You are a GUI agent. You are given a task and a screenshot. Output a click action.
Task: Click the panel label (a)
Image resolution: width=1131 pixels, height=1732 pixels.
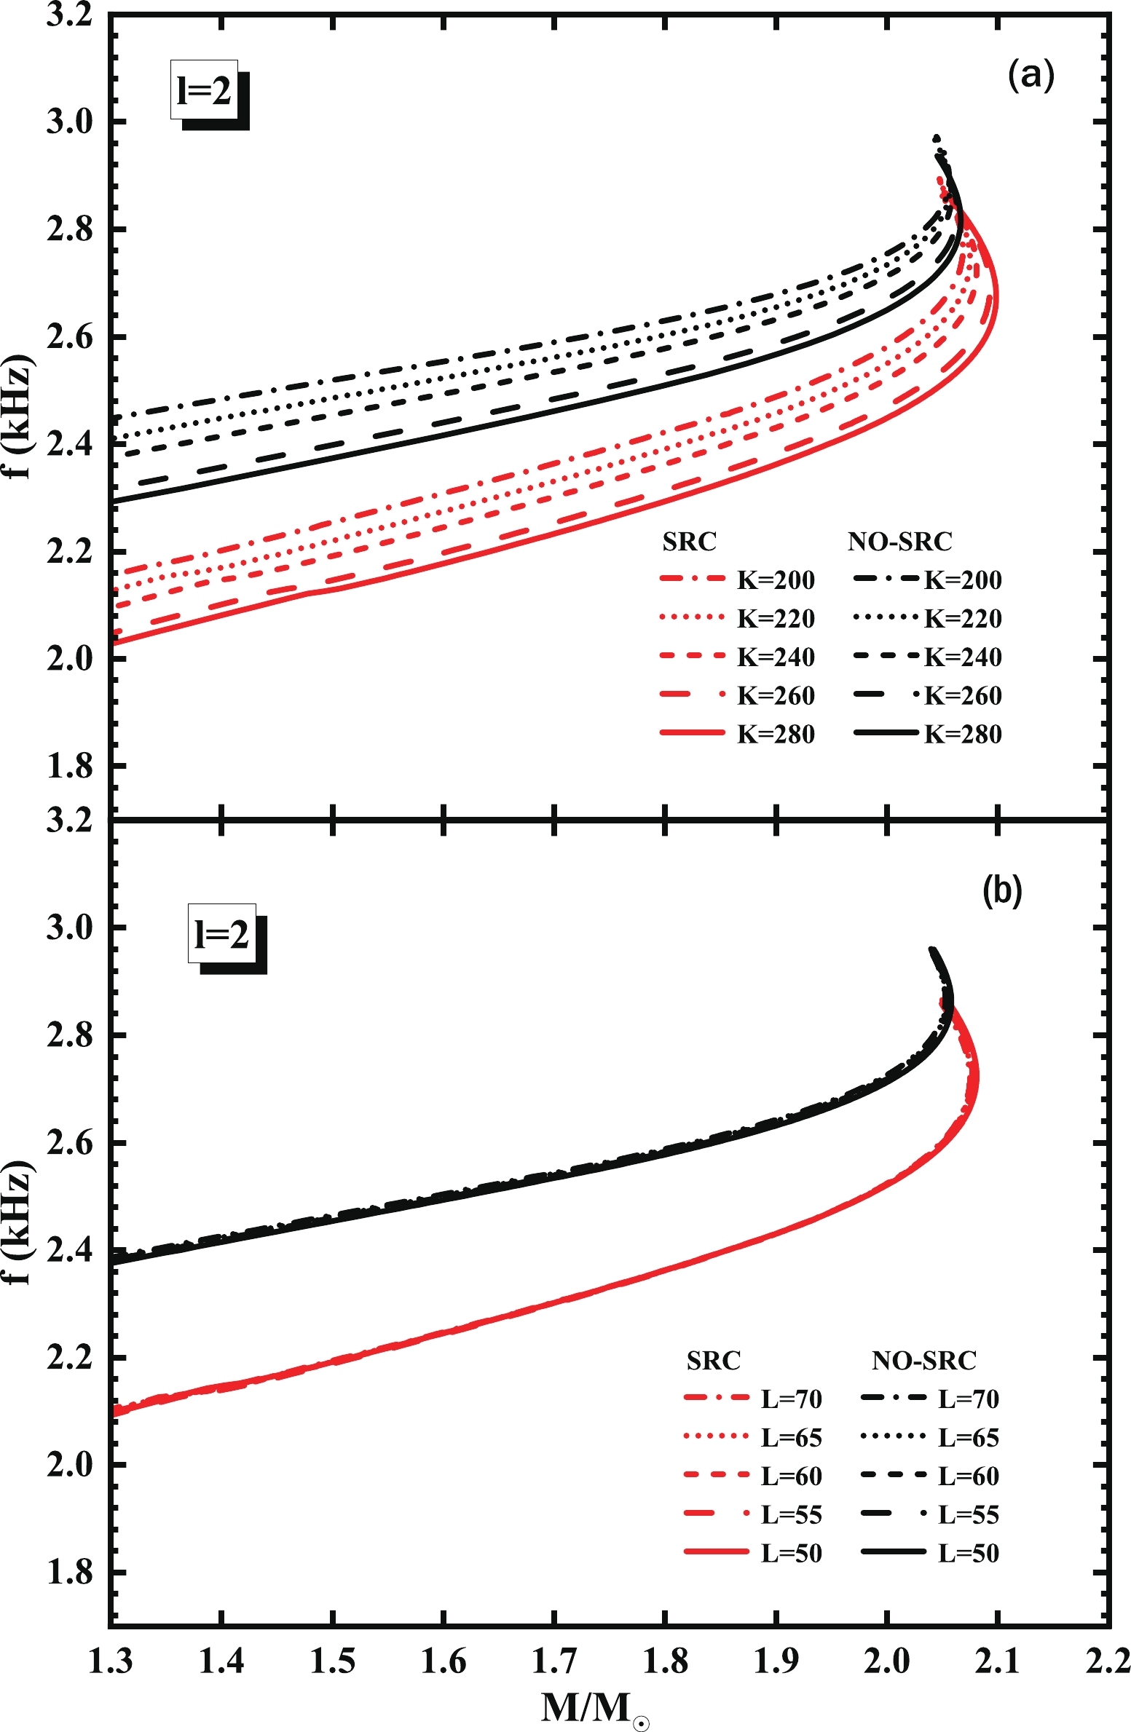click(x=1030, y=75)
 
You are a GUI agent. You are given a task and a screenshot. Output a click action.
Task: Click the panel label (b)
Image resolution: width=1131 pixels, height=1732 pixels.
click(x=1002, y=890)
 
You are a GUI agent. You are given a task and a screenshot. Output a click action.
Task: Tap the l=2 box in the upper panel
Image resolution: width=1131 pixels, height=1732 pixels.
click(x=205, y=90)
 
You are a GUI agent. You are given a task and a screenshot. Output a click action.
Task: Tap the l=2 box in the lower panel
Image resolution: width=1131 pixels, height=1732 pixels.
click(x=222, y=934)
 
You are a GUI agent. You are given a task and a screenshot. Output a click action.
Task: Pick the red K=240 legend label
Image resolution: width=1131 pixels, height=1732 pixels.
click(x=776, y=657)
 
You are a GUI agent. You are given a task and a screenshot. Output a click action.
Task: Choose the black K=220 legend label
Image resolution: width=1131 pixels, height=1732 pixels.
click(x=963, y=619)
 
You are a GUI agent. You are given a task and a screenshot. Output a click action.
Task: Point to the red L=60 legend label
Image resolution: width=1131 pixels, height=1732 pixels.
click(x=791, y=1476)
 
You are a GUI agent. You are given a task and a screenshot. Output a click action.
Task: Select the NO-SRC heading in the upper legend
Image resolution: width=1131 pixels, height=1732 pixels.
click(x=899, y=542)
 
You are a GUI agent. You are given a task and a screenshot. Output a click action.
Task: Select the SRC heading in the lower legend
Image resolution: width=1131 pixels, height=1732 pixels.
click(x=713, y=1361)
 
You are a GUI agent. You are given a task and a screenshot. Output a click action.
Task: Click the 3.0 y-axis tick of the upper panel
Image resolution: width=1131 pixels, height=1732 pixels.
click(x=70, y=122)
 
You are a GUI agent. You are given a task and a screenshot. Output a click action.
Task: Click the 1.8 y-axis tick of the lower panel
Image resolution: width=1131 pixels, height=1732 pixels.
click(x=70, y=1573)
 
